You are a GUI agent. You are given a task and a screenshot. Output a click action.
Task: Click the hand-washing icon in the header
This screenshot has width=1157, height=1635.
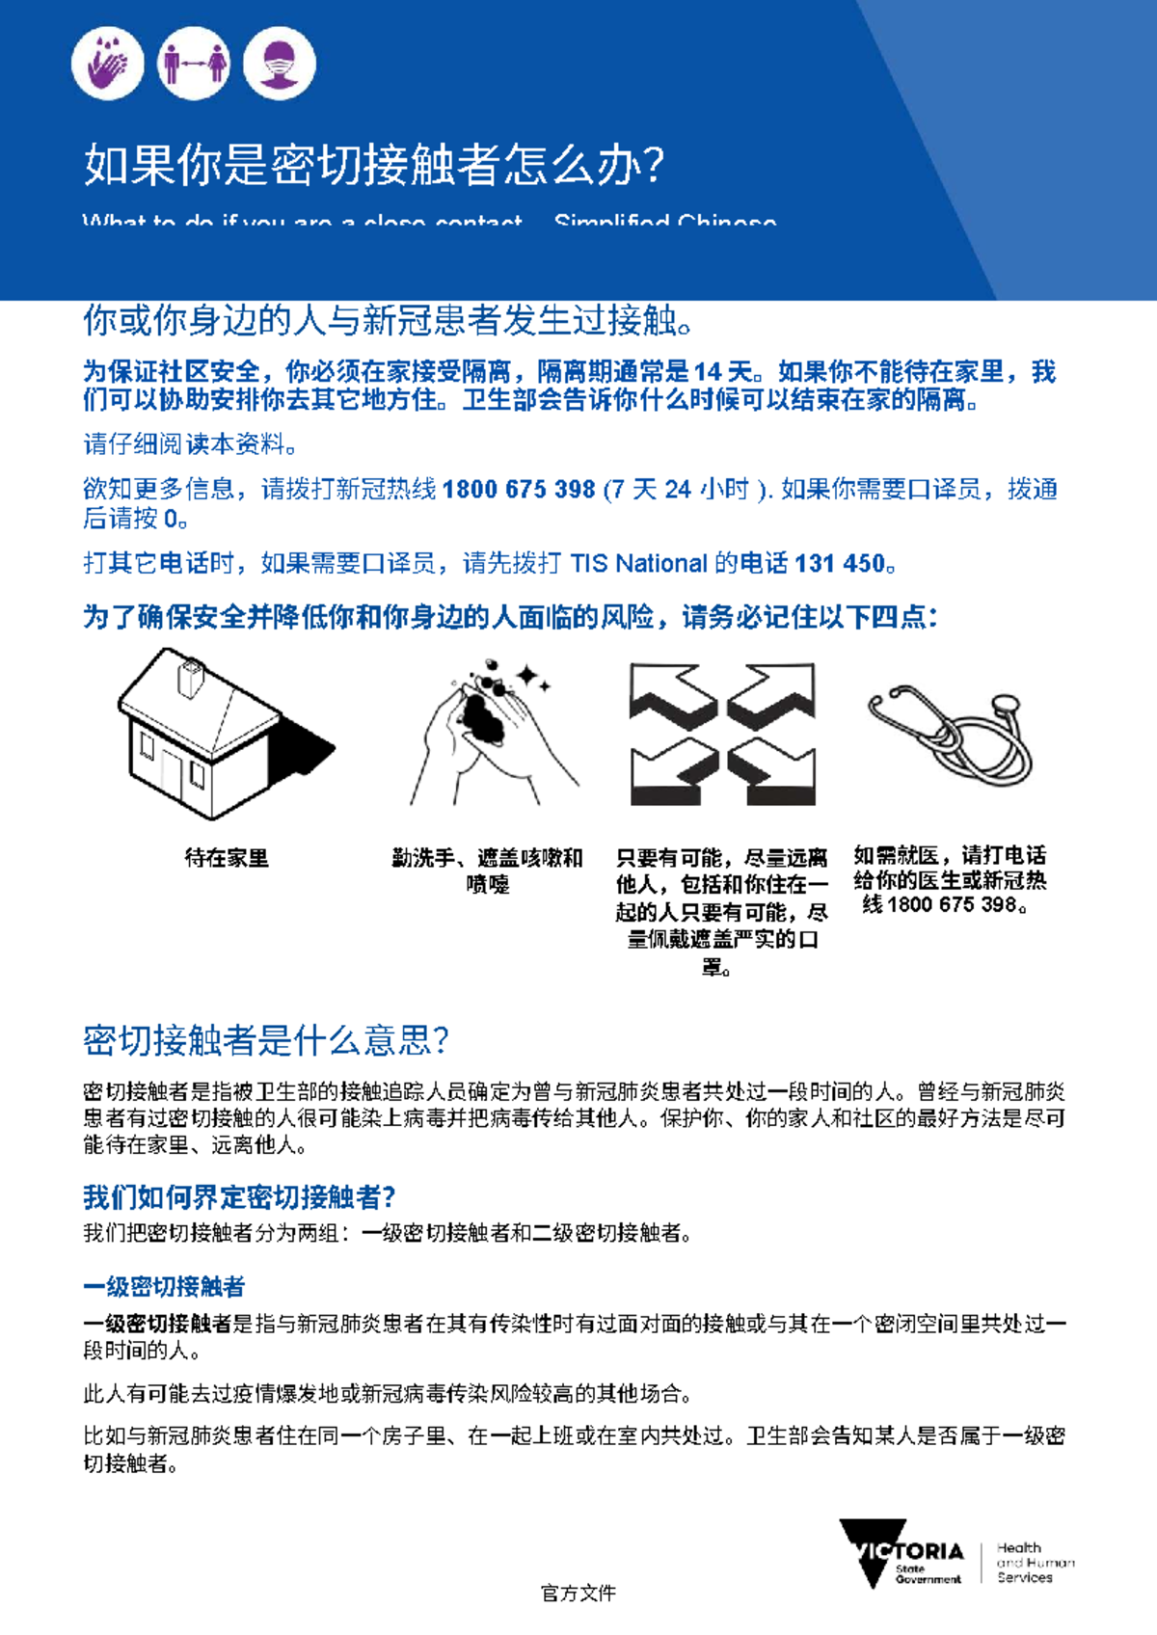pyautogui.click(x=107, y=64)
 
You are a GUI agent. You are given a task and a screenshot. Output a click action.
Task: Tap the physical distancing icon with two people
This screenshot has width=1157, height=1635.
pyautogui.click(x=194, y=64)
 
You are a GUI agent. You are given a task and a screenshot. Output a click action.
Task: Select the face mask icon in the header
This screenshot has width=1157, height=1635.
pyautogui.click(x=280, y=64)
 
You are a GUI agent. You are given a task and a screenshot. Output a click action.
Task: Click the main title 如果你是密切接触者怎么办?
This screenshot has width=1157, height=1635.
pyautogui.click(x=373, y=165)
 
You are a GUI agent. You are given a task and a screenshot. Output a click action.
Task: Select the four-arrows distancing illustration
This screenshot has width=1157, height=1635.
pyautogui.click(x=722, y=734)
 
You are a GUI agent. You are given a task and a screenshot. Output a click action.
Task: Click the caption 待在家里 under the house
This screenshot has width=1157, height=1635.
pyautogui.click(x=227, y=857)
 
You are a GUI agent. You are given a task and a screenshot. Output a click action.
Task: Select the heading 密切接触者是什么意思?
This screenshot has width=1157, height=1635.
pyautogui.click(x=266, y=1040)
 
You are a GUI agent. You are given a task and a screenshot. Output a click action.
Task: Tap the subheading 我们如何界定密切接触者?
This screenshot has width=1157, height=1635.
pyautogui.click(x=239, y=1196)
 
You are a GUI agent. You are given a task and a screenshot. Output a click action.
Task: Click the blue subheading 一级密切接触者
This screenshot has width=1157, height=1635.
pyautogui.click(x=164, y=1286)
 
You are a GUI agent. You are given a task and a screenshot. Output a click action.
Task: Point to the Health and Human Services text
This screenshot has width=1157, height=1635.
pyautogui.click(x=1034, y=1562)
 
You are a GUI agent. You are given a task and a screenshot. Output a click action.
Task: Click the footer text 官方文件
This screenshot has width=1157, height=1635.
pyautogui.click(x=578, y=1593)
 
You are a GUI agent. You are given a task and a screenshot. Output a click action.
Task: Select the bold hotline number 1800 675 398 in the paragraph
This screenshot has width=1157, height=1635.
pyautogui.click(x=519, y=489)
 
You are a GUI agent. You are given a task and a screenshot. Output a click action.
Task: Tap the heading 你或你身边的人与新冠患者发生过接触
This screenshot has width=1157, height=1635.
pyautogui.click(x=387, y=321)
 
